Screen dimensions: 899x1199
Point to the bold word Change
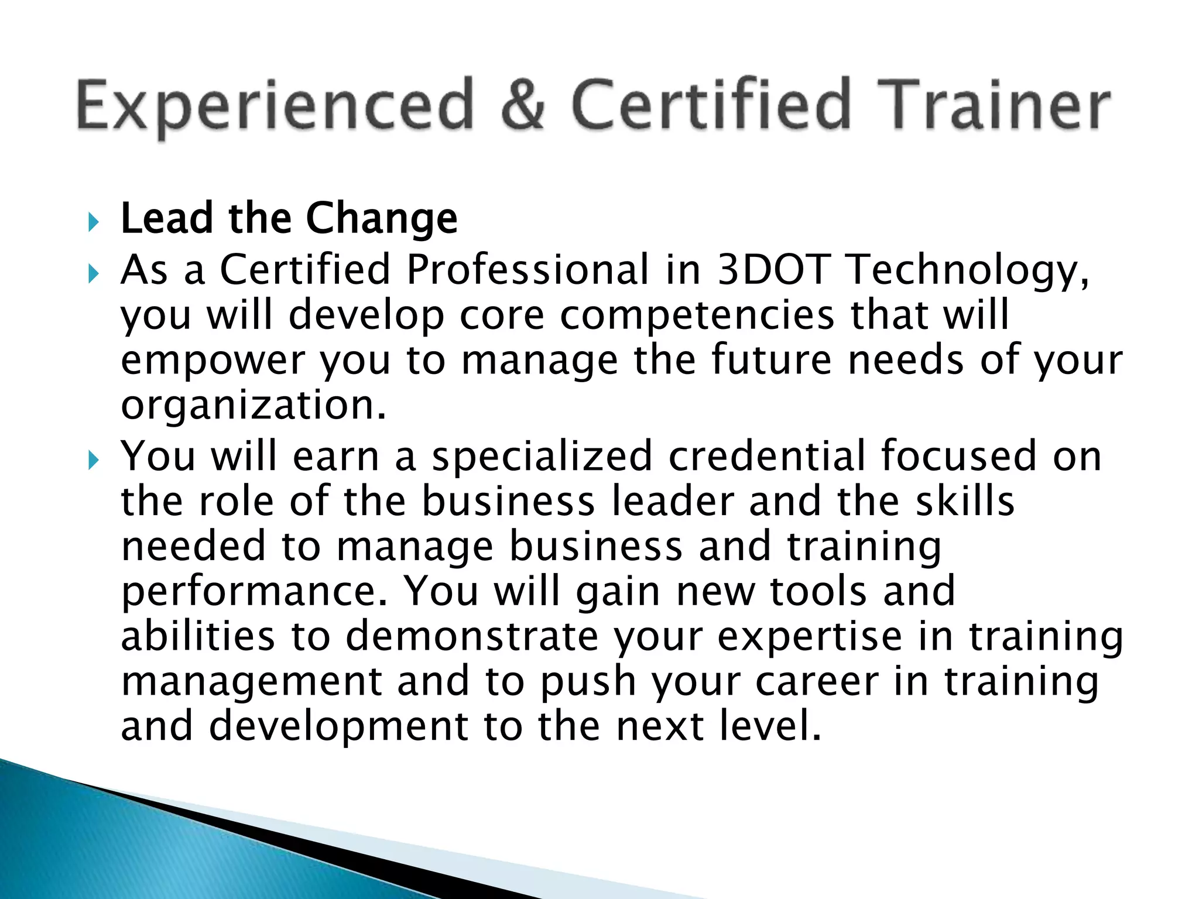point(382,219)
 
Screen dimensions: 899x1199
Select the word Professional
point(527,270)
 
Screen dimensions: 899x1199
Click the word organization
point(253,406)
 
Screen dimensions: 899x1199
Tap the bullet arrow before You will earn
point(93,461)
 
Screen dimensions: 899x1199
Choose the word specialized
point(542,457)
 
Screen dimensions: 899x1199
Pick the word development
point(338,728)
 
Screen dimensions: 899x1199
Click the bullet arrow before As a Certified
point(93,273)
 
